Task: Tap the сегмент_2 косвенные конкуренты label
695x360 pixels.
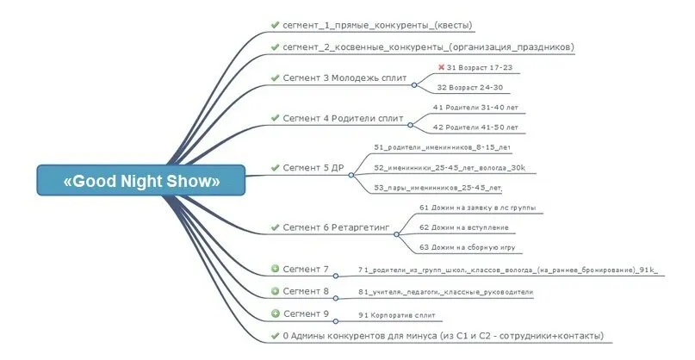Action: coord(428,47)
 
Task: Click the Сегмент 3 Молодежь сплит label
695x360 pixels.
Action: coord(344,78)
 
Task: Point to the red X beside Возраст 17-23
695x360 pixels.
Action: coord(441,66)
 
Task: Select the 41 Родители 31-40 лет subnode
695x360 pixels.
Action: coord(475,108)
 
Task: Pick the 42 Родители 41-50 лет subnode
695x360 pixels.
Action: coord(475,127)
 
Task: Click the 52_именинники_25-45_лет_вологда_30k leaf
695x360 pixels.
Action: coord(450,167)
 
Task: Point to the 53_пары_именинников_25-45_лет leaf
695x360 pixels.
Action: coord(437,187)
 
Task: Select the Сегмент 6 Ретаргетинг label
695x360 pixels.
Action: coord(337,227)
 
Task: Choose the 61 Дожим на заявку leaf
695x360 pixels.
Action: coord(483,208)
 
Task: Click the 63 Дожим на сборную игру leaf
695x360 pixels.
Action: coord(467,247)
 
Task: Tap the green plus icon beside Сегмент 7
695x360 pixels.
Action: coord(276,270)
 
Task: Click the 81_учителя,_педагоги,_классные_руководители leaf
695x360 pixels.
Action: coord(445,292)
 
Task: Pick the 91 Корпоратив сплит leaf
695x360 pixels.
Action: coord(398,314)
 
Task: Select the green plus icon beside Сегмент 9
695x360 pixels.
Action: coord(276,313)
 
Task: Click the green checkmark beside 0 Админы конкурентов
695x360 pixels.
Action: coord(276,335)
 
